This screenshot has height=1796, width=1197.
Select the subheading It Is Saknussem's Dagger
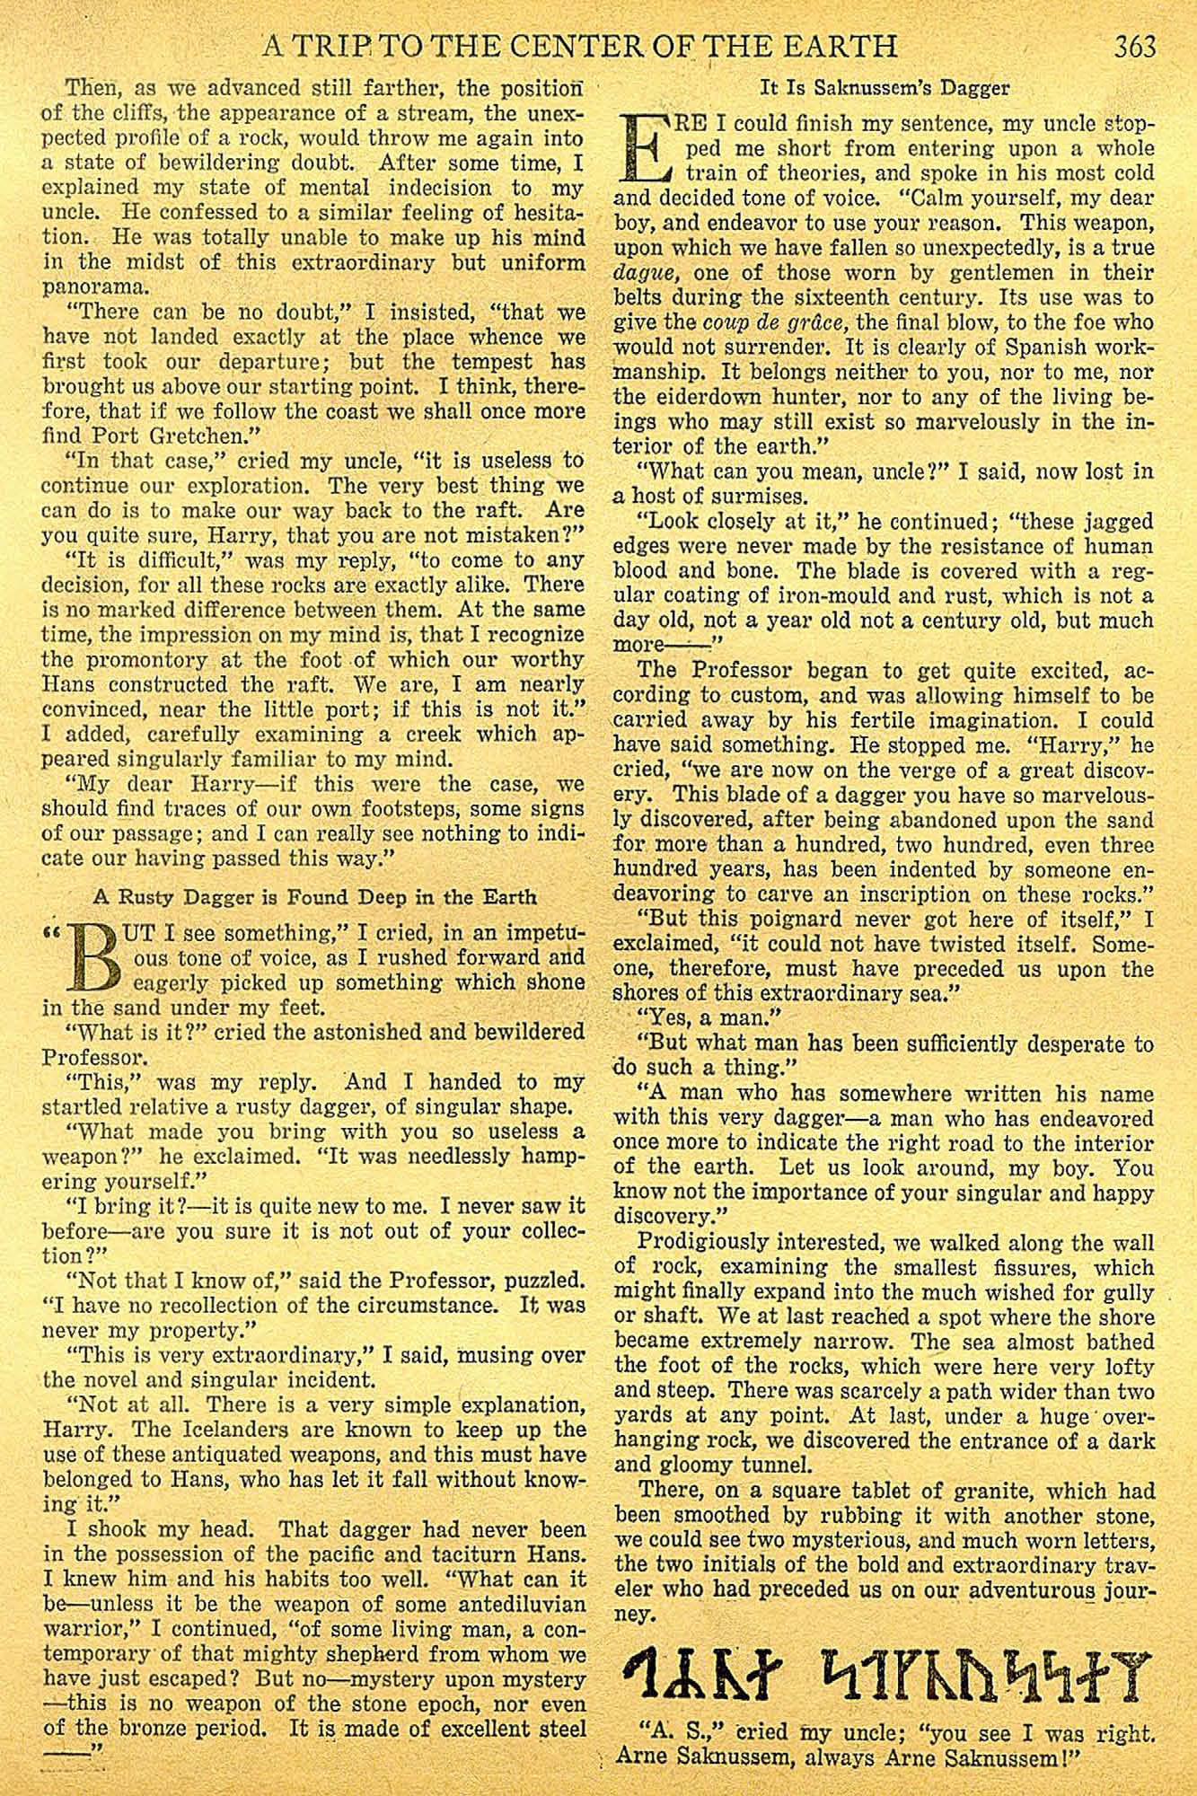tap(885, 88)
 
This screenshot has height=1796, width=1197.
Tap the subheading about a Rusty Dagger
tap(315, 896)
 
